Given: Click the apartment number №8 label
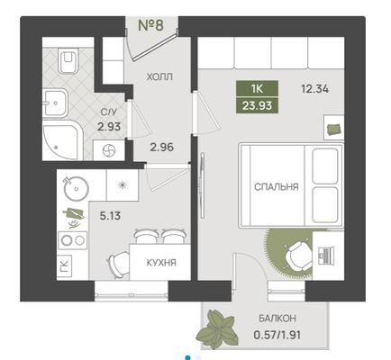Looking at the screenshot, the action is pyautogui.click(x=150, y=25).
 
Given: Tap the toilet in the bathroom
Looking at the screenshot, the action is pyautogui.click(x=68, y=61).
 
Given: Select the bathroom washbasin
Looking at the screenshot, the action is pyautogui.click(x=55, y=103).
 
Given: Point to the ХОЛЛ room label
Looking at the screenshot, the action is pyautogui.click(x=159, y=77).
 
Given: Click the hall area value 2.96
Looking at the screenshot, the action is pyautogui.click(x=162, y=148).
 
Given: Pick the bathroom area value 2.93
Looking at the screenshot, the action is pyautogui.click(x=109, y=127).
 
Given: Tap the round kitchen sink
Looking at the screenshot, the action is pyautogui.click(x=76, y=188).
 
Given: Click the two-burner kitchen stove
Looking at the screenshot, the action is pyautogui.click(x=72, y=240).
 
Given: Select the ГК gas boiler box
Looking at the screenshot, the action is pyautogui.click(x=64, y=266).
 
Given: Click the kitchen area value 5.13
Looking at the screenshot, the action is pyautogui.click(x=110, y=216).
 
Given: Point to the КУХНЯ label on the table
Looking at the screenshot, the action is pyautogui.click(x=161, y=263).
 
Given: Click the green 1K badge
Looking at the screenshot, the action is pyautogui.click(x=258, y=89).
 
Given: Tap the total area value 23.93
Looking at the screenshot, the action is pyautogui.click(x=258, y=105).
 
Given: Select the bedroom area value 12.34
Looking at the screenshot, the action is pyautogui.click(x=314, y=89).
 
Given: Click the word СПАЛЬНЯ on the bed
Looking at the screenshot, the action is pyautogui.click(x=277, y=187).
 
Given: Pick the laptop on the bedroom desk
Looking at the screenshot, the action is pyautogui.click(x=325, y=255).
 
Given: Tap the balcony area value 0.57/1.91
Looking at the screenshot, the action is pyautogui.click(x=277, y=335).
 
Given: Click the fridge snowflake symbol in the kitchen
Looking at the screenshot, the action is pyautogui.click(x=123, y=185).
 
